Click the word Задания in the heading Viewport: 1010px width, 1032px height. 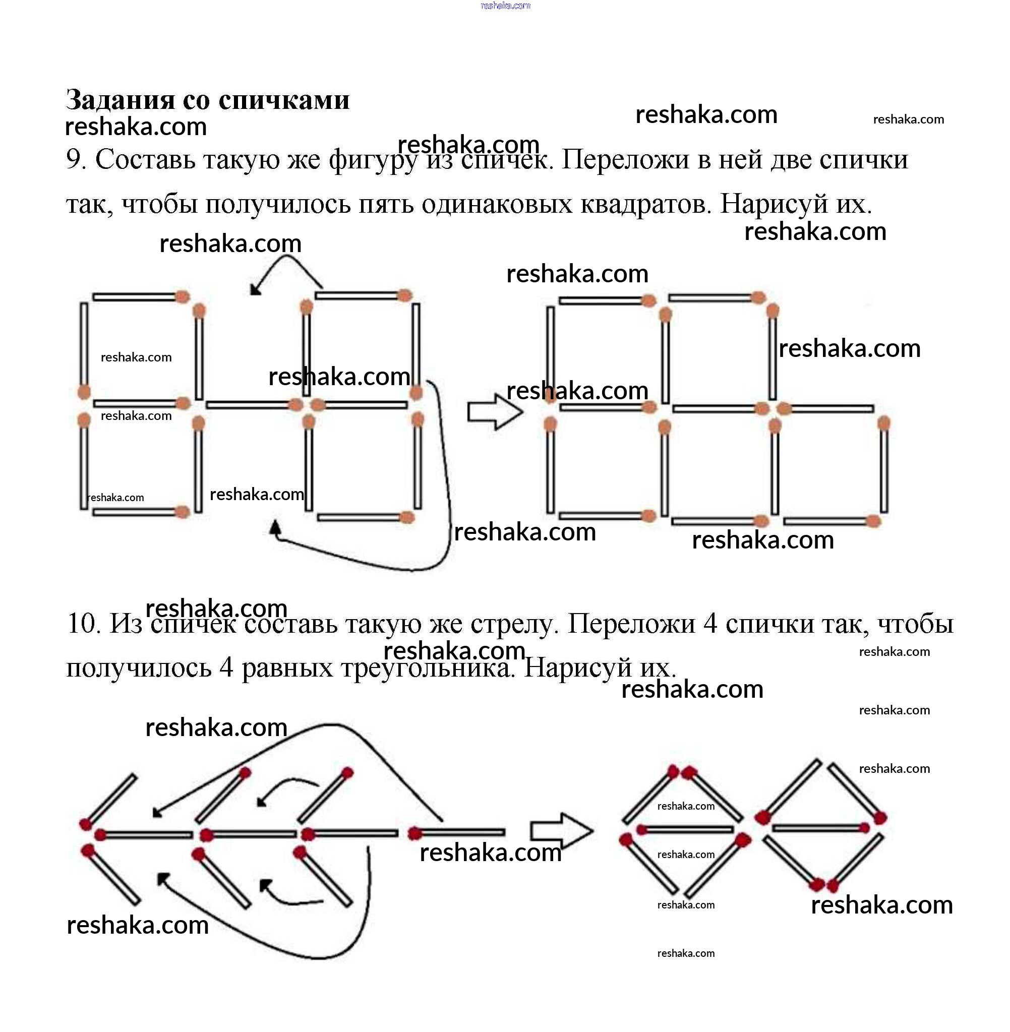[x=120, y=100]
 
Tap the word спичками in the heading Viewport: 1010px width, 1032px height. [x=284, y=100]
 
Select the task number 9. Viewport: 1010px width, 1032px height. [x=75, y=160]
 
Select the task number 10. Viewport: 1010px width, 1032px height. [x=83, y=624]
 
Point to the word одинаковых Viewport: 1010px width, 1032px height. [x=497, y=204]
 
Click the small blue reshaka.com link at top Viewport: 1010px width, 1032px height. [x=505, y=6]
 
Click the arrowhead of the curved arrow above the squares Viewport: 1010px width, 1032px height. [x=255, y=289]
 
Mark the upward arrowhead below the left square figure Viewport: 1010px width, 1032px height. [x=275, y=527]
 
